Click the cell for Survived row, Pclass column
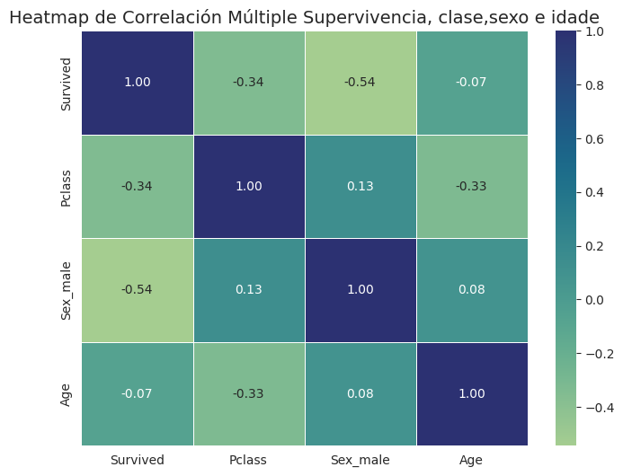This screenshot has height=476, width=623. pos(249,83)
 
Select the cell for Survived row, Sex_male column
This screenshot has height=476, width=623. pos(360,83)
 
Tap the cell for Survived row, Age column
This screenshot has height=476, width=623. pos(472,83)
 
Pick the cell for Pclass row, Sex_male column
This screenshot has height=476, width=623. pos(360,187)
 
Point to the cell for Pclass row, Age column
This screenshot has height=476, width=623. pos(472,187)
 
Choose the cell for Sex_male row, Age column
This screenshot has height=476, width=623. pos(472,290)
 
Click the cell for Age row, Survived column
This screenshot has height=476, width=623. pos(138,394)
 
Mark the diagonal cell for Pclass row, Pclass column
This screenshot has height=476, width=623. pos(249,187)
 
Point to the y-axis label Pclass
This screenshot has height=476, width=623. pos(67,187)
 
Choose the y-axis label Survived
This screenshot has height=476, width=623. pos(67,83)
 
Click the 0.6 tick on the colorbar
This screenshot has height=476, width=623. pos(595,139)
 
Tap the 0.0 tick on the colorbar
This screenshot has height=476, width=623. pos(595,300)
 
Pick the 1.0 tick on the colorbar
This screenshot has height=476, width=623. pos(595,32)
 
